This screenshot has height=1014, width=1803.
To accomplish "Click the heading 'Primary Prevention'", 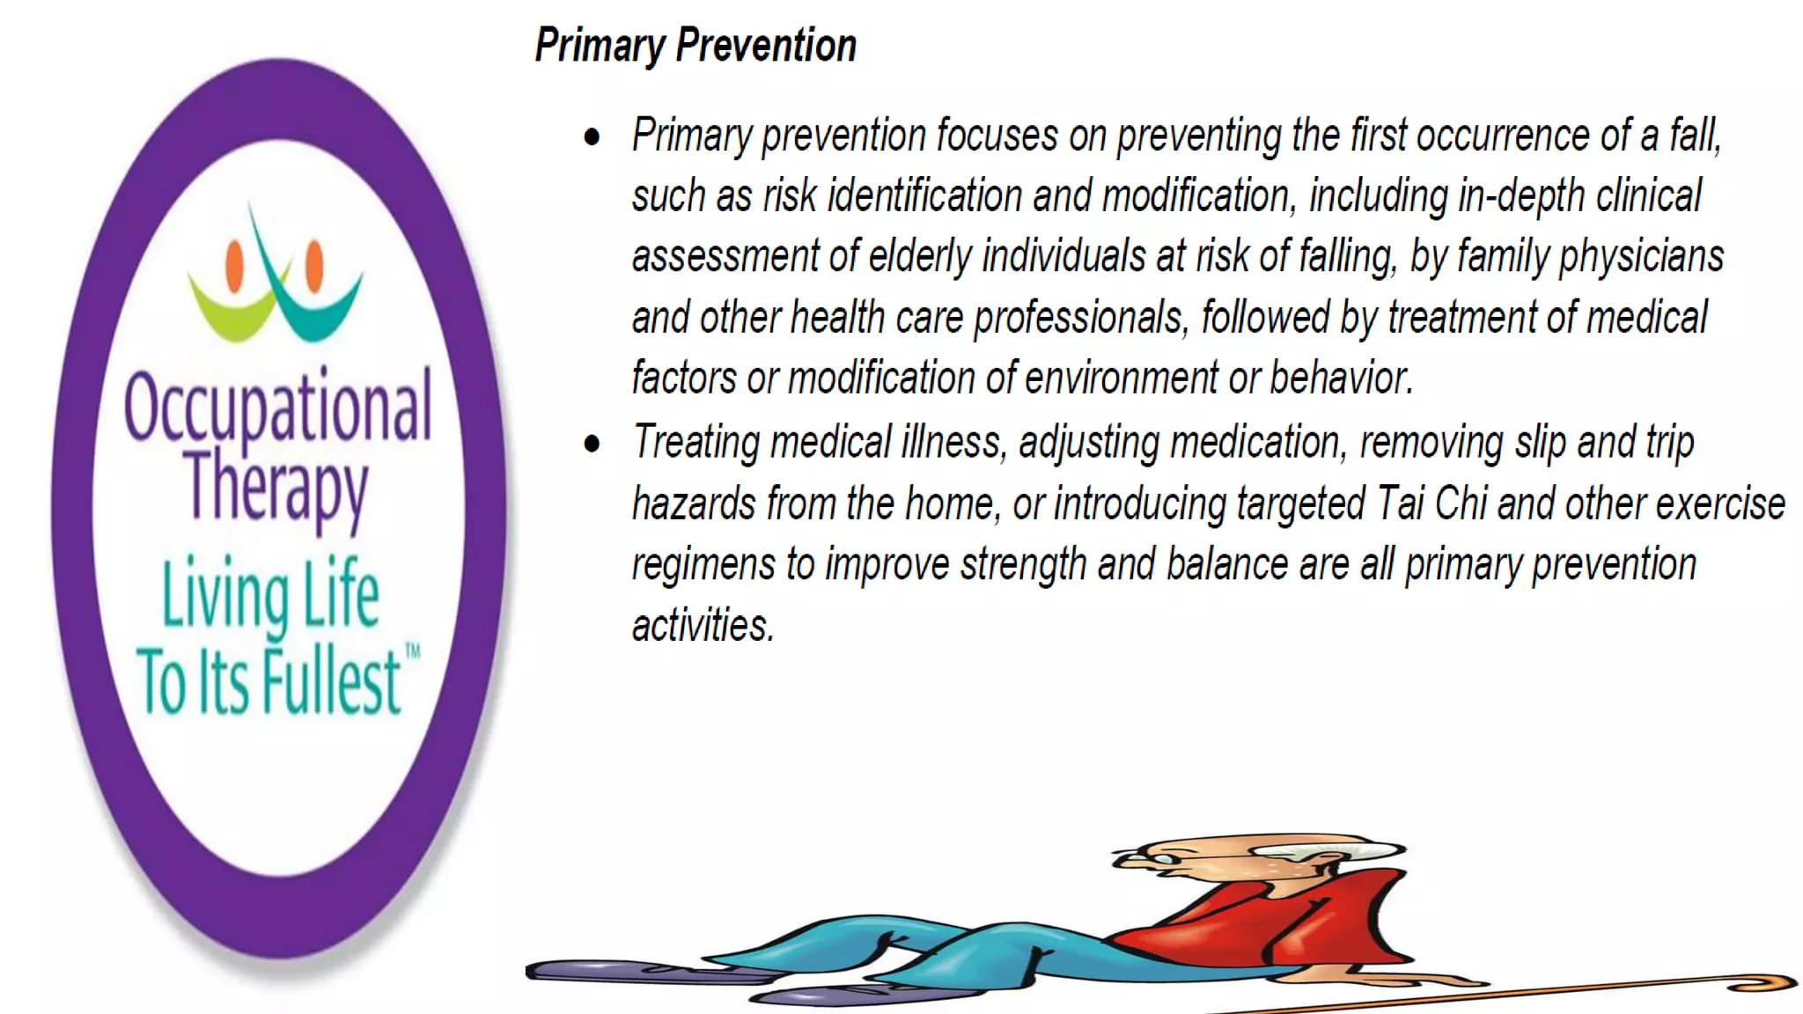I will click(695, 46).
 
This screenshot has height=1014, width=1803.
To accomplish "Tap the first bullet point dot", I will click(592, 137).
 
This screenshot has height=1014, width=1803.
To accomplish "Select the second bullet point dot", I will click(592, 444).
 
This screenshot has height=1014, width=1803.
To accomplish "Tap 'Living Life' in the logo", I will click(270, 595).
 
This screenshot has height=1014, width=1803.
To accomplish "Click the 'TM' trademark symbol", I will click(412, 652).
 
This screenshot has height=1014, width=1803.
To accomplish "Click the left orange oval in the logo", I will click(234, 265).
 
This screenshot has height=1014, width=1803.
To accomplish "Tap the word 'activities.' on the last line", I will click(703, 625).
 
